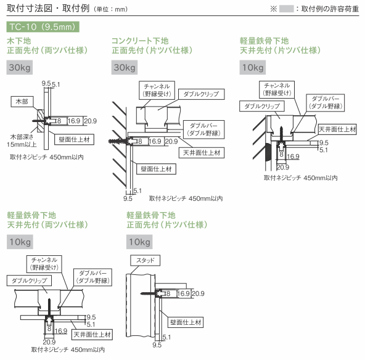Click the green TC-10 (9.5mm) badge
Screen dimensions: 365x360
(x=43, y=27)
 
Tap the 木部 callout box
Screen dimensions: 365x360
(x=22, y=102)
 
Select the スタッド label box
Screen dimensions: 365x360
(x=146, y=260)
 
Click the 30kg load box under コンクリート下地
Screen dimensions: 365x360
(x=125, y=67)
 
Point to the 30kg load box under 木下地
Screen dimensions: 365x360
(x=20, y=67)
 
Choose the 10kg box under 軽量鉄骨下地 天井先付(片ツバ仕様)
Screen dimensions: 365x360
(x=253, y=67)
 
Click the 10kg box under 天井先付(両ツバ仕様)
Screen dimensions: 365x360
(x=20, y=242)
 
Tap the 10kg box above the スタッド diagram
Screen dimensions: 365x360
(x=139, y=242)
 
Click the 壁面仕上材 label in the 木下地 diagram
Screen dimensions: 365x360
(x=74, y=140)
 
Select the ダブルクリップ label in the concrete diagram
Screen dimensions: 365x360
(x=202, y=94)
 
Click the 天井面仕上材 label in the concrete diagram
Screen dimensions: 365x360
(x=202, y=153)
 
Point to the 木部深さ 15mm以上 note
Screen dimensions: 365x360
(x=22, y=141)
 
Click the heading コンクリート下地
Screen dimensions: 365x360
(x=140, y=41)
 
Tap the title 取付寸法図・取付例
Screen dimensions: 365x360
(x=48, y=8)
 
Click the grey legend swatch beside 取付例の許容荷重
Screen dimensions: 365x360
(x=286, y=9)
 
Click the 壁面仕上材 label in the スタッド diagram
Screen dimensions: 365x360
(x=186, y=322)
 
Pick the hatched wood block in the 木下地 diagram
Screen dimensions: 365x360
(x=41, y=121)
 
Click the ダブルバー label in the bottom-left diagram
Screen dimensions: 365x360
(x=93, y=277)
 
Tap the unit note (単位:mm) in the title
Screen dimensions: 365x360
(x=111, y=9)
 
